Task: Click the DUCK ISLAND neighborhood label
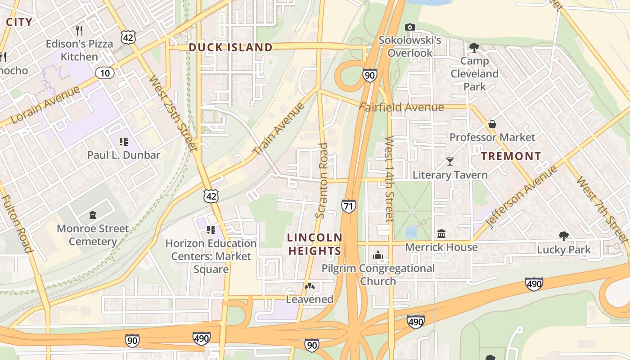tap(230, 47)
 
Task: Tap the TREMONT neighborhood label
tap(511, 156)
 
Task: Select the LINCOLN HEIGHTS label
tap(315, 244)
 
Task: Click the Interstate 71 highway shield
tap(348, 206)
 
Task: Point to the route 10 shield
tap(104, 73)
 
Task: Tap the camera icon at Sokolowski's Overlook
tap(409, 27)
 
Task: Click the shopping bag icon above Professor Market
tap(492, 124)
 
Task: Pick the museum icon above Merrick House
tap(441, 234)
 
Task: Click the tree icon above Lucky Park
tap(563, 236)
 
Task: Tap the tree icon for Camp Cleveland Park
tap(474, 47)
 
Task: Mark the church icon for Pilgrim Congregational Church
tap(378, 256)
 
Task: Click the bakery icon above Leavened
tap(310, 286)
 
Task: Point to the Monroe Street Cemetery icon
tap(93, 215)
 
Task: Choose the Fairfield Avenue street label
tap(401, 107)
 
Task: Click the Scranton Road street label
tap(322, 180)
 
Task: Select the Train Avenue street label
tap(279, 129)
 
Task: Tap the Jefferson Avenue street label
tap(522, 196)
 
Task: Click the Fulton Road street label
tap(16, 224)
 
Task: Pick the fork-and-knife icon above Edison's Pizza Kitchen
tap(80, 30)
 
